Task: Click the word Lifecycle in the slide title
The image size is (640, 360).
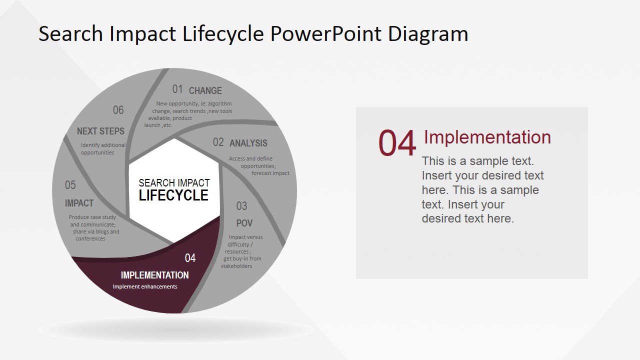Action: pos(223,34)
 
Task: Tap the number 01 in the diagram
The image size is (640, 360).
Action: pos(177,89)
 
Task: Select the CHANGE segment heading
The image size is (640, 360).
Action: pos(205,90)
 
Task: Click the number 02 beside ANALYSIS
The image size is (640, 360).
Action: pos(218,142)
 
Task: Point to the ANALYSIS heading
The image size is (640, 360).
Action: pos(248,143)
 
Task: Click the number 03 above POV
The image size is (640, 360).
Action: pos(241,206)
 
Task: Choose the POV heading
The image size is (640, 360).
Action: pos(244,223)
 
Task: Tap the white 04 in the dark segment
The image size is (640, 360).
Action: pos(190,258)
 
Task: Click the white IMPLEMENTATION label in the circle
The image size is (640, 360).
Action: pos(154,275)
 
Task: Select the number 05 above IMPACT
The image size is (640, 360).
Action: pos(70,185)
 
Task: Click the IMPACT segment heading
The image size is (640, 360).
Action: pos(79,203)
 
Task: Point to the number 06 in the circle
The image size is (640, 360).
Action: pos(118,110)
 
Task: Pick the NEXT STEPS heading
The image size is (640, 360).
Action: pos(100,131)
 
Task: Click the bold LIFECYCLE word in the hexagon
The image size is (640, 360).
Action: pos(173,195)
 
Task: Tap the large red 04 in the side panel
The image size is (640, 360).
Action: pos(397,143)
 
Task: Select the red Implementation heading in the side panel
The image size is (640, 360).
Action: pos(487,137)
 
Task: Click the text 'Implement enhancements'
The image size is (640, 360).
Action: pos(145,287)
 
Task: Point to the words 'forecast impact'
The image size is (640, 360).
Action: pos(270,173)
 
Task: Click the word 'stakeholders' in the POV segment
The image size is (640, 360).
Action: pos(236,266)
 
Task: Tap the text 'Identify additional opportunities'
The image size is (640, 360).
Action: pos(103,149)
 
